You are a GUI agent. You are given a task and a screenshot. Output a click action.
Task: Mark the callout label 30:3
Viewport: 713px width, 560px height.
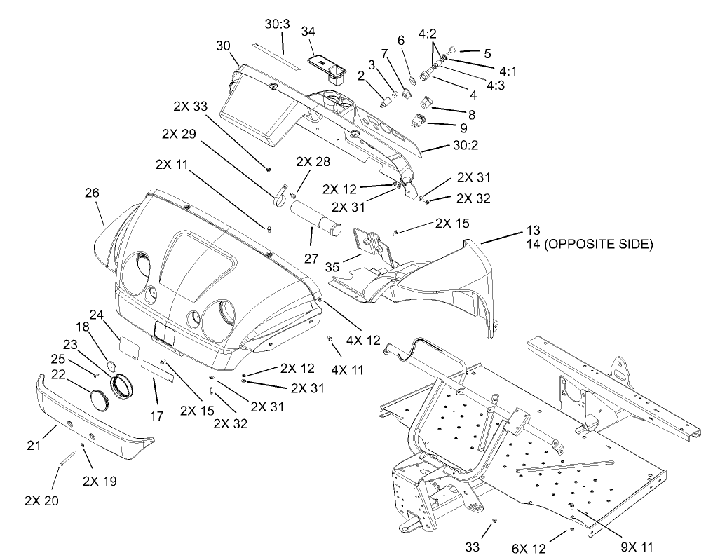(278, 24)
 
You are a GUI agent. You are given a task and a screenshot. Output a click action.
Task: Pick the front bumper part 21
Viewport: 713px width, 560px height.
(91, 414)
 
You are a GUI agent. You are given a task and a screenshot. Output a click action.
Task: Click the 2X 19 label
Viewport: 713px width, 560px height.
(100, 481)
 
